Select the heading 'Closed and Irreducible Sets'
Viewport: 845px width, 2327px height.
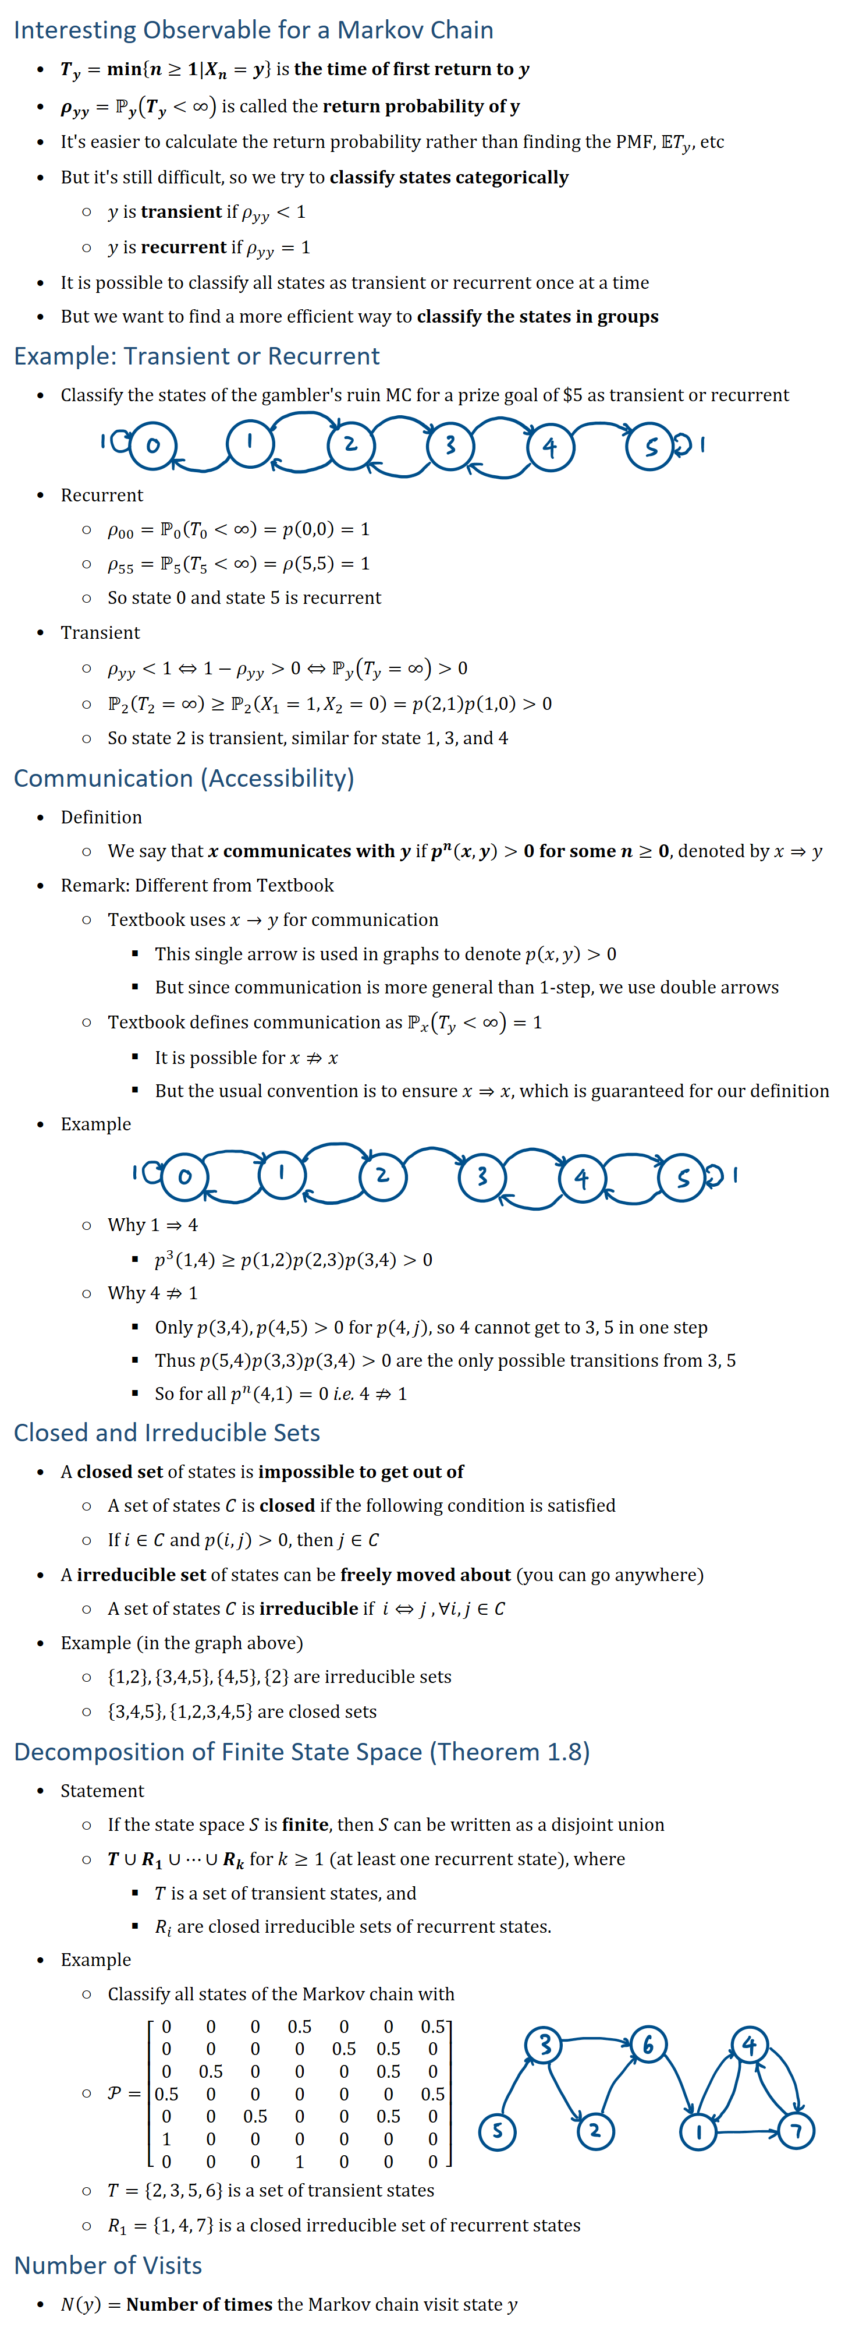(167, 1433)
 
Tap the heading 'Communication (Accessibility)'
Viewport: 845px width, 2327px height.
(184, 778)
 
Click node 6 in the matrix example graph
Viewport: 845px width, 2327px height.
(647, 2044)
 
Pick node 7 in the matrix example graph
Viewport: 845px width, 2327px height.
(796, 2131)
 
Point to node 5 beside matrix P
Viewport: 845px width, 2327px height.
(496, 2131)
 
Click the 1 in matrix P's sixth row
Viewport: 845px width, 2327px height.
(166, 2139)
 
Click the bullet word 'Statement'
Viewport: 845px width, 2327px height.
(102, 1791)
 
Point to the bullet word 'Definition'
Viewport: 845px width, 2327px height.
(101, 816)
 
